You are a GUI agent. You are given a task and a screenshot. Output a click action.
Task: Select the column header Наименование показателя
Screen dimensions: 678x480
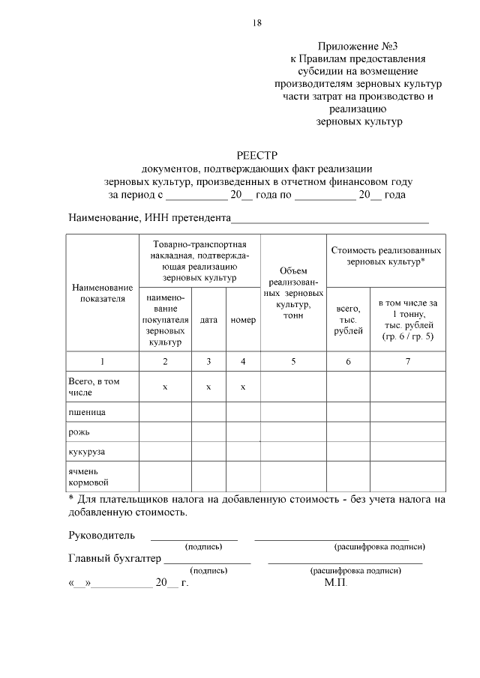pyautogui.click(x=102, y=293)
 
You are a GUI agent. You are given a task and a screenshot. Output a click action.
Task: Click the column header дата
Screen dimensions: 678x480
pyautogui.click(x=208, y=319)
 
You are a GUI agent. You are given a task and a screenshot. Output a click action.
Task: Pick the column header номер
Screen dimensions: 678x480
pyautogui.click(x=243, y=319)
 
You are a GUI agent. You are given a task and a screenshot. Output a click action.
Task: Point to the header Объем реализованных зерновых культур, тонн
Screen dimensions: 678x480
pyautogui.click(x=293, y=293)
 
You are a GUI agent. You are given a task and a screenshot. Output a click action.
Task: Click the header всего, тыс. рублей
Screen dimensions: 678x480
pyautogui.click(x=348, y=319)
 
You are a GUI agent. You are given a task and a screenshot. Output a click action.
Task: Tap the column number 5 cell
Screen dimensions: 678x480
pyautogui.click(x=293, y=361)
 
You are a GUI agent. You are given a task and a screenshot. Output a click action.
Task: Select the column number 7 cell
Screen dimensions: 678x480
pyautogui.click(x=407, y=361)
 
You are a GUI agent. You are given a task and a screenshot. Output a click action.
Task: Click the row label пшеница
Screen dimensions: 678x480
pyautogui.click(x=86, y=412)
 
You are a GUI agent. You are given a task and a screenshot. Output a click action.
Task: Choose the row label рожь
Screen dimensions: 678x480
pyautogui.click(x=80, y=432)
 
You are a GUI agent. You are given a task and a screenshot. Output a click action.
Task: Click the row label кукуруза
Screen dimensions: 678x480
pyautogui.click(x=86, y=452)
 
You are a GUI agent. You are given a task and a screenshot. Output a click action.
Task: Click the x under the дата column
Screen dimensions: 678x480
pyautogui.click(x=208, y=387)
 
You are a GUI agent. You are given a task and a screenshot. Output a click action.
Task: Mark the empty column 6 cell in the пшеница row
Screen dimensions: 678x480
pyautogui.click(x=348, y=412)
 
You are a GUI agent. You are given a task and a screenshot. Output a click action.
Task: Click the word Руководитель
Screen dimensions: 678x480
pyautogui.click(x=102, y=535)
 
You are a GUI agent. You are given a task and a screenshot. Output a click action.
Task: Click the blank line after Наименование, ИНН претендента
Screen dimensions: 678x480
pyautogui.click(x=330, y=221)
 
